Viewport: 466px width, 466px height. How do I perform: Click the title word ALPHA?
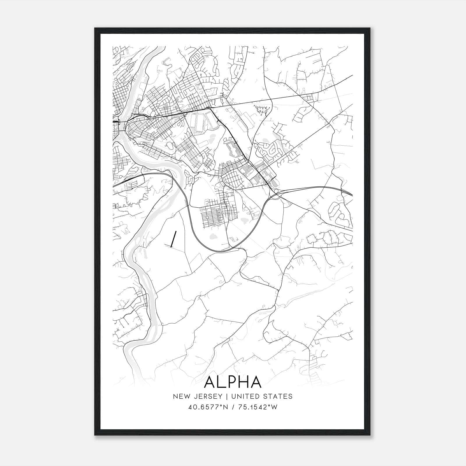pos(233,382)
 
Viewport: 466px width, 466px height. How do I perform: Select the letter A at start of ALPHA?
pos(210,382)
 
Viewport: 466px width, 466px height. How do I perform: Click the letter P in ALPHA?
pos(232,382)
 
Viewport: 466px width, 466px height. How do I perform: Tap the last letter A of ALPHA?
pos(256,382)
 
